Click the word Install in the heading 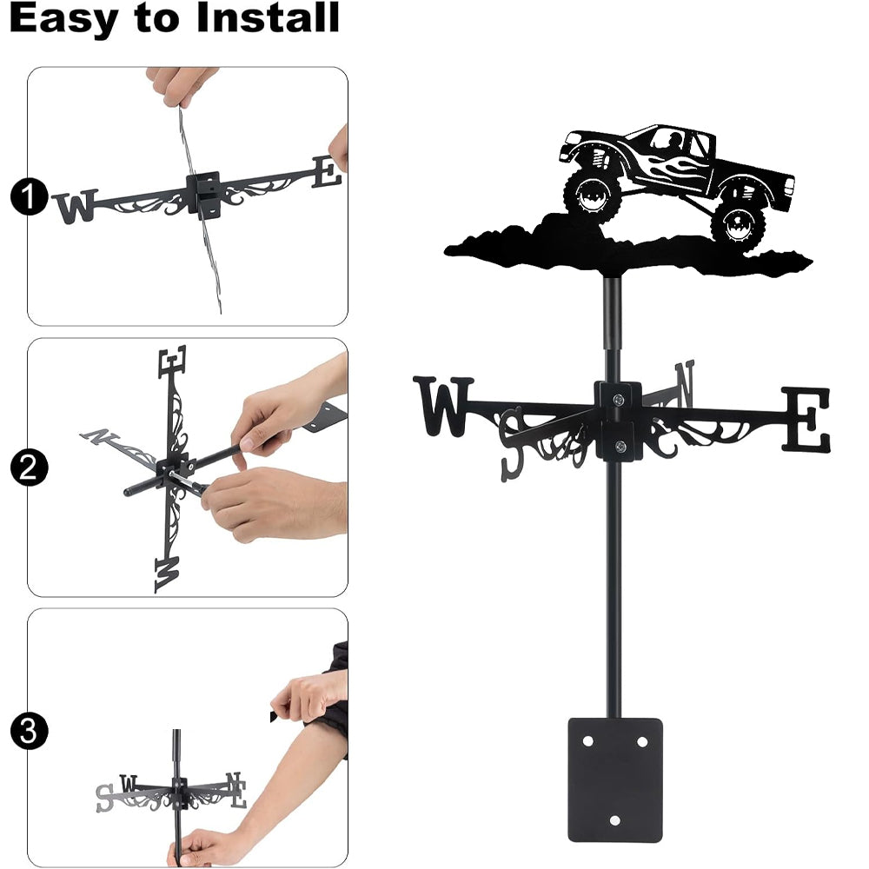pyautogui.click(x=268, y=17)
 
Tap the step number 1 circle pyautogui.click(x=30, y=196)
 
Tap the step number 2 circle pyautogui.click(x=30, y=468)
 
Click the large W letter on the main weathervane pyautogui.click(x=443, y=406)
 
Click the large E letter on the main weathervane pyautogui.click(x=806, y=419)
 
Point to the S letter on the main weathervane pyautogui.click(x=513, y=443)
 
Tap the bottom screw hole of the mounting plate pyautogui.click(x=614, y=820)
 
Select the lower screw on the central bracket pyautogui.click(x=620, y=446)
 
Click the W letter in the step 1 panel pyautogui.click(x=76, y=206)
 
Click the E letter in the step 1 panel pyautogui.click(x=327, y=171)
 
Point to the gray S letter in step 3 pyautogui.click(x=104, y=798)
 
